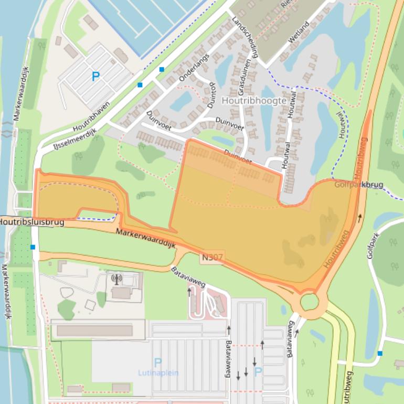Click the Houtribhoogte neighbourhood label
click(x=254, y=100)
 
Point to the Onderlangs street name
click(x=194, y=67)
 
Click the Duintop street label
click(x=211, y=94)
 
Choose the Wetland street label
click(x=299, y=33)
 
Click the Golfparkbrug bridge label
click(x=358, y=185)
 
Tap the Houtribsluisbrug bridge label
click(x=31, y=222)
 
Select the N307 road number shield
click(x=212, y=257)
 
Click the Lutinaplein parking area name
click(x=158, y=373)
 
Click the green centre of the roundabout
click(x=310, y=302)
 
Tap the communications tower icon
click(x=116, y=279)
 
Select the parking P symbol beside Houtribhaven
click(x=95, y=77)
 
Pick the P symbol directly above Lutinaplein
click(x=158, y=362)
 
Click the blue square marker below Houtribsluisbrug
click(x=33, y=247)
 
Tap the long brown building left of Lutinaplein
click(x=94, y=331)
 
